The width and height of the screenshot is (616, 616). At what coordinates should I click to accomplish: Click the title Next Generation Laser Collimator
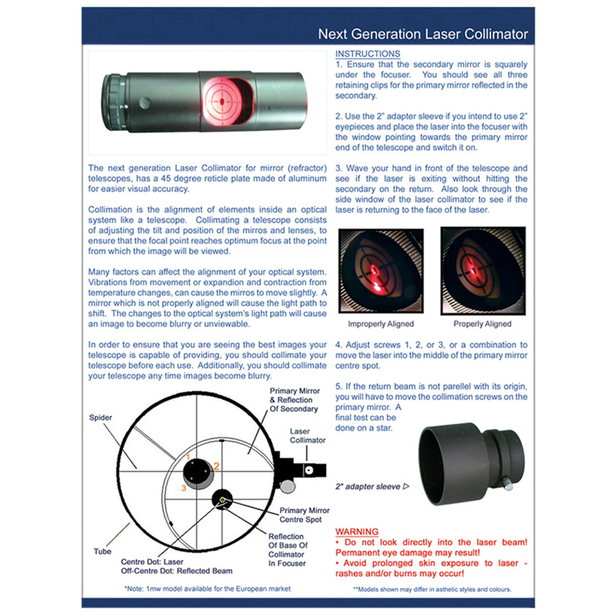click(x=423, y=34)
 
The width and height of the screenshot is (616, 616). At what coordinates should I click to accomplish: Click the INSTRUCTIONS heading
click(x=368, y=54)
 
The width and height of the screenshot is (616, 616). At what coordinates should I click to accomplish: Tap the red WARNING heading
click(x=357, y=532)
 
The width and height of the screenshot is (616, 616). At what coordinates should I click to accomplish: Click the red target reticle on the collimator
click(x=221, y=101)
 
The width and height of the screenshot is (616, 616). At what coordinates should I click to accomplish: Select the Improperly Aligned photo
click(x=381, y=271)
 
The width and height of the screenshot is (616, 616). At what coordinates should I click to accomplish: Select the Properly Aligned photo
click(x=483, y=271)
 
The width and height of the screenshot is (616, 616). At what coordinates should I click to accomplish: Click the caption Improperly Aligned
click(x=380, y=324)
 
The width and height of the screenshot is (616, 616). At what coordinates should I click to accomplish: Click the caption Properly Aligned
click(x=482, y=324)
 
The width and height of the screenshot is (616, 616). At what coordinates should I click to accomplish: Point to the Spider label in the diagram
click(x=100, y=417)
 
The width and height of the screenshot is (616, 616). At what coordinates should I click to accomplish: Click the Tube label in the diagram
click(x=102, y=552)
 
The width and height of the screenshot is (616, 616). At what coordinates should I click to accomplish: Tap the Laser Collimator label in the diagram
click(x=307, y=435)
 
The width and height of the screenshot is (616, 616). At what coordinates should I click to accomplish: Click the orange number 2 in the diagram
click(x=217, y=466)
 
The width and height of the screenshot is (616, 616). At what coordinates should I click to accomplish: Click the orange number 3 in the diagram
click(x=184, y=488)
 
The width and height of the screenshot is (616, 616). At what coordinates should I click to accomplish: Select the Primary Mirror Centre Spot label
click(x=304, y=515)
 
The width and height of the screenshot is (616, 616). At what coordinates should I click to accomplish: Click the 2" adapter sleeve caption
click(x=368, y=487)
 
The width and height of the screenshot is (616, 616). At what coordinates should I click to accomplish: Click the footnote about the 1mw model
click(x=208, y=589)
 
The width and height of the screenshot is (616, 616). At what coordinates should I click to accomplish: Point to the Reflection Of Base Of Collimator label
click(x=288, y=550)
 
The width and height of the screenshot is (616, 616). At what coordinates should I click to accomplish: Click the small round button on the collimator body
click(x=145, y=102)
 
